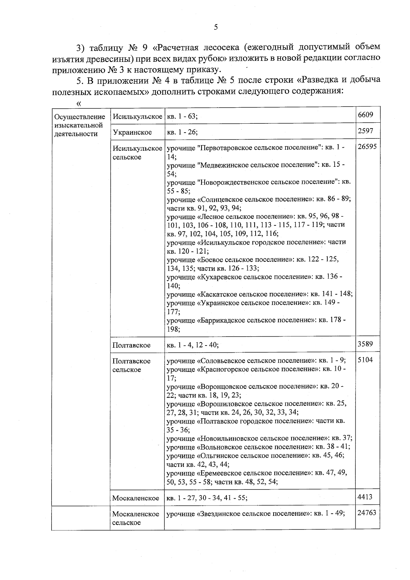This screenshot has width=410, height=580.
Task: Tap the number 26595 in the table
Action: click(367, 147)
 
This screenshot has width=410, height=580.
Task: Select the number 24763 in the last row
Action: click(367, 513)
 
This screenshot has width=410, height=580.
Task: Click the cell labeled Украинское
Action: click(132, 132)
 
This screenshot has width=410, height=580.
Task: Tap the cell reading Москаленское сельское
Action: click(136, 518)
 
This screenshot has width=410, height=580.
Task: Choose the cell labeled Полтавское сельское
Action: click(132, 365)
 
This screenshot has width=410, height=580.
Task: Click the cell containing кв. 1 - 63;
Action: click(182, 117)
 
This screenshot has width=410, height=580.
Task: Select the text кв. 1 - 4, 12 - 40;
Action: click(192, 345)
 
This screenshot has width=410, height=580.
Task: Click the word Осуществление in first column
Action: click(80, 117)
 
